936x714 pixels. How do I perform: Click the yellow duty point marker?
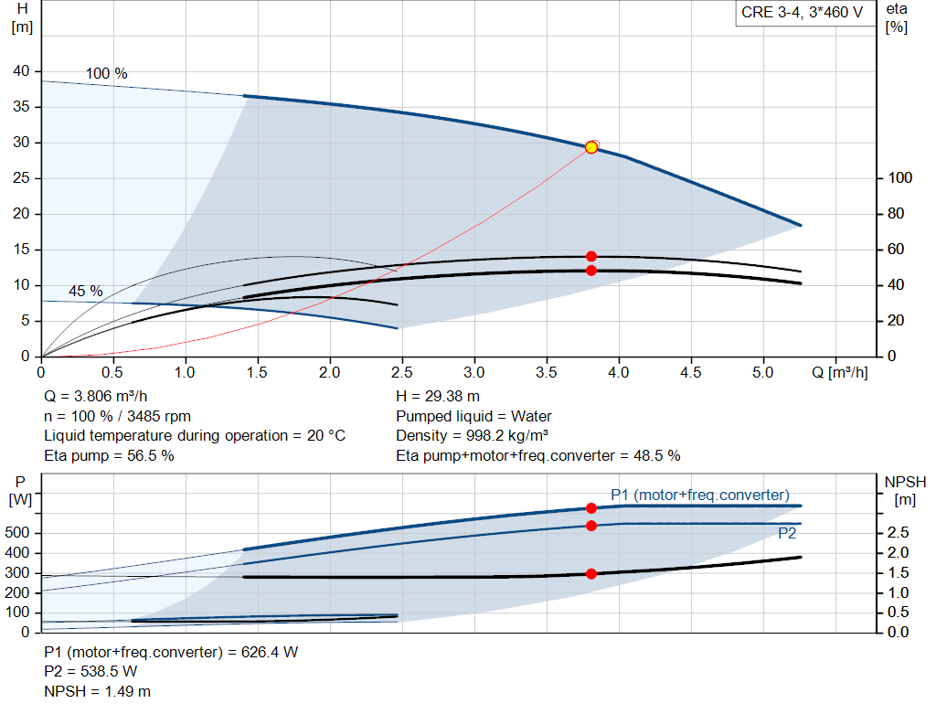(591, 147)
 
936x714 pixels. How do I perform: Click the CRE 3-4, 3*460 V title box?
(803, 13)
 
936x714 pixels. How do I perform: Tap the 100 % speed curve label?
(106, 73)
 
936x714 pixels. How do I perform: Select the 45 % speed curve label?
(85, 291)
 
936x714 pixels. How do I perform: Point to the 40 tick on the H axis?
(21, 71)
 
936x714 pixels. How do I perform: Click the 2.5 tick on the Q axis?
(402, 372)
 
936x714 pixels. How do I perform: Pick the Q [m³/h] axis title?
(839, 372)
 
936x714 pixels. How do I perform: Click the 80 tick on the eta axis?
(896, 213)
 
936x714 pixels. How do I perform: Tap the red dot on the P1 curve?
(591, 508)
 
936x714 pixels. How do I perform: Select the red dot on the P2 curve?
(591, 526)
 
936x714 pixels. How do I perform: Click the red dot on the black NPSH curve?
(591, 574)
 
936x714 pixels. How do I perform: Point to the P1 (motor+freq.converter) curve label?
(699, 495)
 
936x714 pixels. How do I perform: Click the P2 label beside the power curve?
(787, 533)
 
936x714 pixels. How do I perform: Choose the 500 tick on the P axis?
(17, 532)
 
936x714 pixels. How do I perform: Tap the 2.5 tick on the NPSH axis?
(898, 532)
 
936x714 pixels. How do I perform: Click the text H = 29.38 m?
(438, 396)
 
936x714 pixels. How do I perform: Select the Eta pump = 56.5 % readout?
(110, 455)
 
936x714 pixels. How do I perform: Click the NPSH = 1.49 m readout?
(97, 691)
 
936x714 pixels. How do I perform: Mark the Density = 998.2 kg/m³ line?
(472, 435)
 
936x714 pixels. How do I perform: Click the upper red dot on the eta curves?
(591, 256)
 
